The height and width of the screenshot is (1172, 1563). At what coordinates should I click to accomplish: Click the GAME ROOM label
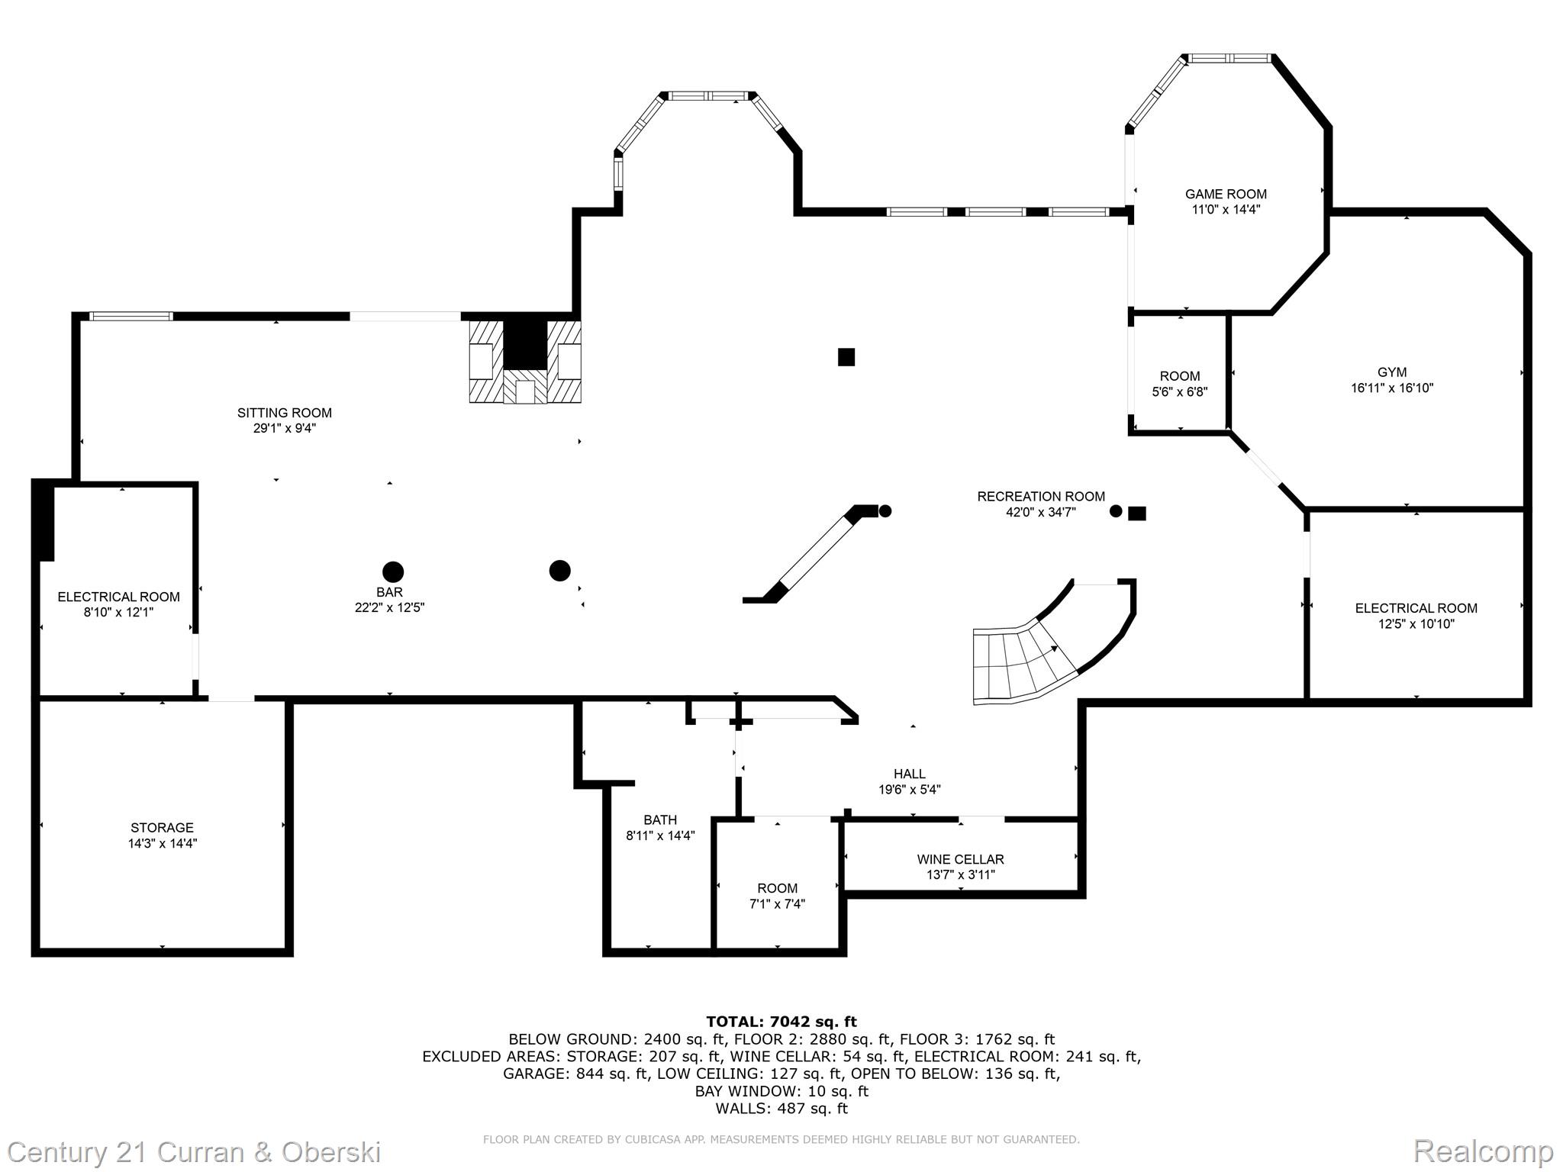coord(1226,194)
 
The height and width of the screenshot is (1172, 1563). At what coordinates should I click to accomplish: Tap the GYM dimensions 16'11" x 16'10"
coord(1392,388)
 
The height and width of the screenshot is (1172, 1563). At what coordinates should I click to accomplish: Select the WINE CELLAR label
coord(960,859)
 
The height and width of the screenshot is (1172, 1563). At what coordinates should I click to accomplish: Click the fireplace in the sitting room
coord(525,362)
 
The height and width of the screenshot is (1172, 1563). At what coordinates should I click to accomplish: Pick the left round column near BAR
coord(393,572)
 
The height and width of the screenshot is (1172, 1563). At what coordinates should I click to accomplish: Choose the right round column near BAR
coord(559,570)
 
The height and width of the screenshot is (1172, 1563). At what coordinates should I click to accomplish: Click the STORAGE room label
coord(162,827)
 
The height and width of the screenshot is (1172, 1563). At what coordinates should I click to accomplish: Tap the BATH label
coord(660,819)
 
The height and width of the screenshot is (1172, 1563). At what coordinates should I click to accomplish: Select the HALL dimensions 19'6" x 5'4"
coord(909,790)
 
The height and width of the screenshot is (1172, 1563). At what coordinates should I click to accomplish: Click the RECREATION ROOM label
coord(1041,497)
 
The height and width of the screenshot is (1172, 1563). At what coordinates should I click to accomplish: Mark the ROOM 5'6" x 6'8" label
coord(1180,376)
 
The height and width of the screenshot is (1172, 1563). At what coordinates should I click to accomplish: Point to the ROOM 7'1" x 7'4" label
coord(777,888)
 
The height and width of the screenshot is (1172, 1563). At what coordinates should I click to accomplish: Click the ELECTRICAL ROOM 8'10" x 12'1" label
coord(119,597)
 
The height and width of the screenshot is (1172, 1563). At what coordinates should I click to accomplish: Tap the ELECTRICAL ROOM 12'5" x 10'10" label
coord(1416,608)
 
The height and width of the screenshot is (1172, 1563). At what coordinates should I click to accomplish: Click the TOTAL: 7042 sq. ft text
coord(781,1022)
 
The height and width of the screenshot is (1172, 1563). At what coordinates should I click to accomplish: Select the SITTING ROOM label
coord(285,413)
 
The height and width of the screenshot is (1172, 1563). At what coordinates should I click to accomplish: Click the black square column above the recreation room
coord(846,357)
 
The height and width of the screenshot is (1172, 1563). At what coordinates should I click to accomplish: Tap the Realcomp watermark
coord(1483,1151)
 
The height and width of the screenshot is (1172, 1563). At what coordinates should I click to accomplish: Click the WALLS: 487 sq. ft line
coord(781,1108)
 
